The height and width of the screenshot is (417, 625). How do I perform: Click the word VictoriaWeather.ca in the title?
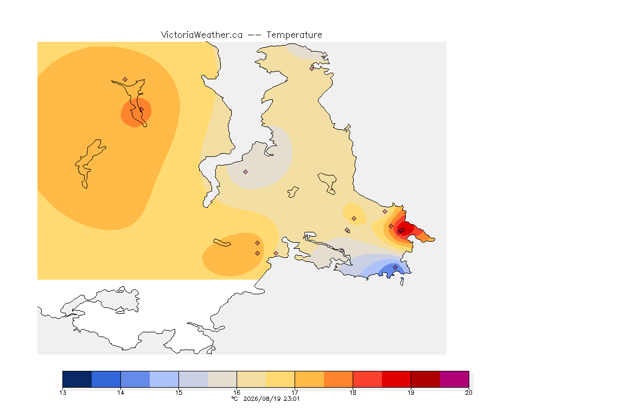click(x=202, y=35)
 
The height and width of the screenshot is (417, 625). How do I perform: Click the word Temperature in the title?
click(x=294, y=35)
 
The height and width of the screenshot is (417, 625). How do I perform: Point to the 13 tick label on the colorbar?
click(x=62, y=393)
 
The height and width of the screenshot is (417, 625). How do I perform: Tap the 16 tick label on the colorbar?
click(x=237, y=393)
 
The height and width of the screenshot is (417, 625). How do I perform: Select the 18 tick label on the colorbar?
click(x=353, y=393)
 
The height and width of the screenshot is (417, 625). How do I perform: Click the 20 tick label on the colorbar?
click(x=469, y=393)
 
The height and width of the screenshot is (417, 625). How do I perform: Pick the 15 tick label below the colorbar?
click(x=179, y=393)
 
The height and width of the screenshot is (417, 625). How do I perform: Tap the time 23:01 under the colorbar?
click(x=291, y=399)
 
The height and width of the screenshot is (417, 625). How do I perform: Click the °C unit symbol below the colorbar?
click(x=235, y=399)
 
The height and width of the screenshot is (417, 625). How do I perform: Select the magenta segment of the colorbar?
click(x=455, y=379)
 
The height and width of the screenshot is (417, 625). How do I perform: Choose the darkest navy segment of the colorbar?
click(x=77, y=379)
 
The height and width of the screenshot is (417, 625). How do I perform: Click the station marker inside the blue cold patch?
click(x=395, y=267)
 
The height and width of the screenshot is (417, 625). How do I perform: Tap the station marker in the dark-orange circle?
click(x=141, y=110)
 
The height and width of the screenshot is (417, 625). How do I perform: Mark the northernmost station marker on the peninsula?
click(x=312, y=68)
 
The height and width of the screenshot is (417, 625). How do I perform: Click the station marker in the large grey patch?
click(x=246, y=172)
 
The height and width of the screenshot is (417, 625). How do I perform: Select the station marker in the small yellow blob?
click(x=354, y=219)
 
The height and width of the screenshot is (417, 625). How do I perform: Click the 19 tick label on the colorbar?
click(x=411, y=393)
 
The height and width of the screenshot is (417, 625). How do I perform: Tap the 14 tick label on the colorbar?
click(x=121, y=393)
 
